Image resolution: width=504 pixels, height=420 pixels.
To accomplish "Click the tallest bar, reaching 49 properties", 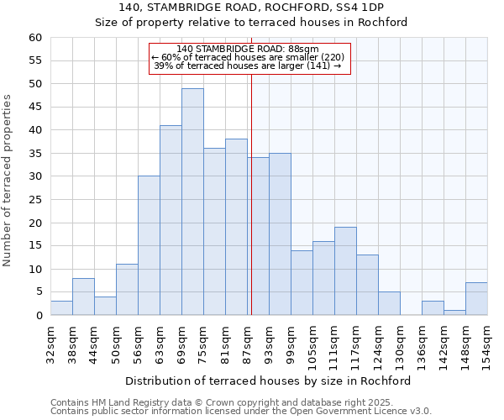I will click(192, 202).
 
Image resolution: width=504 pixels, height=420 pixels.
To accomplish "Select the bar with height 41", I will click(171, 220).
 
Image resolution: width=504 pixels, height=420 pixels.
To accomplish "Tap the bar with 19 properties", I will click(345, 271).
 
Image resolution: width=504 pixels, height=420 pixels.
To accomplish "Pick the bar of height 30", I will click(149, 245).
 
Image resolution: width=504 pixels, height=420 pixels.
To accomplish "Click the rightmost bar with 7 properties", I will click(476, 299).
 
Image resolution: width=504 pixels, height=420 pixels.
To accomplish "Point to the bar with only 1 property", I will click(454, 312).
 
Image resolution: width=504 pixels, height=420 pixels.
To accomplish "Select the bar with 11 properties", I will click(127, 290).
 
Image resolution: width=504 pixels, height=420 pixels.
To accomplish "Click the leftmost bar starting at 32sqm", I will click(61, 308).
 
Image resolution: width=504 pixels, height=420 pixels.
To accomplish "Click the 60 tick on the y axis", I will click(34, 38).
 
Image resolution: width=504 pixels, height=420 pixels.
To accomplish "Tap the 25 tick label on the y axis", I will click(34, 200).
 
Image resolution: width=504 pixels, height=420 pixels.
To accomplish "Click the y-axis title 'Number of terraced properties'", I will click(8, 180).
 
